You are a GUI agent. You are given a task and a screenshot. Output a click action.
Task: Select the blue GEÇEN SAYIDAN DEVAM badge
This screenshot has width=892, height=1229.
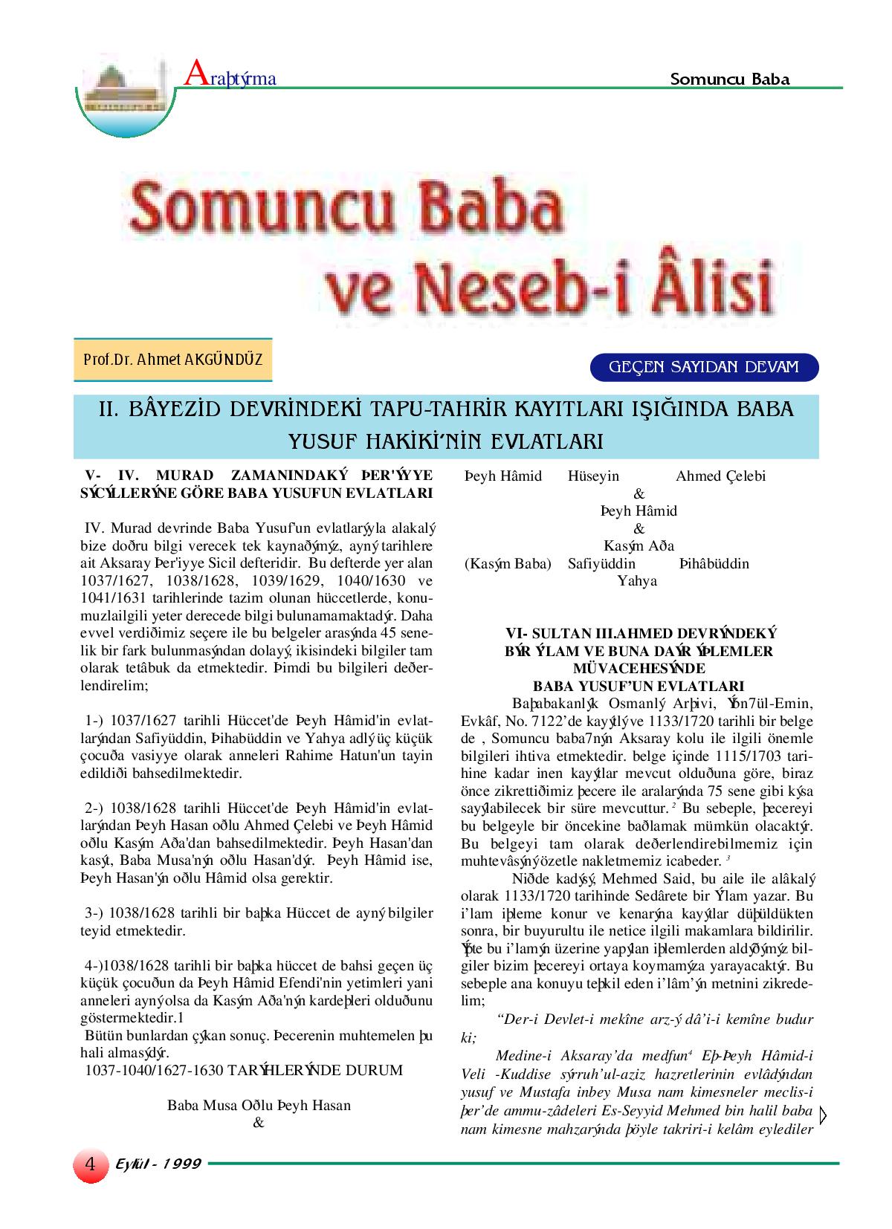[x=703, y=367]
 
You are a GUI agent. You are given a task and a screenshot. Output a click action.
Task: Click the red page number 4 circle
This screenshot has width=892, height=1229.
[x=89, y=1163]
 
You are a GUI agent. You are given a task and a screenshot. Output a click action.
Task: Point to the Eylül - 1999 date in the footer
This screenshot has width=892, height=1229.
[x=158, y=1164]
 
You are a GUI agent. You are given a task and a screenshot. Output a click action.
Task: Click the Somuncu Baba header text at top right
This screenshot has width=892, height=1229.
[x=729, y=79]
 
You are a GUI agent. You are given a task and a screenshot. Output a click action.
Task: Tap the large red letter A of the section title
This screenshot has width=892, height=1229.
[x=195, y=74]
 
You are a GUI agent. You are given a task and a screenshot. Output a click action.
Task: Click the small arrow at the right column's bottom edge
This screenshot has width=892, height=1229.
[x=823, y=1115]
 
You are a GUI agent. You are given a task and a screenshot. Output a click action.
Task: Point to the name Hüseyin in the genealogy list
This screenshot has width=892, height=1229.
[x=593, y=476]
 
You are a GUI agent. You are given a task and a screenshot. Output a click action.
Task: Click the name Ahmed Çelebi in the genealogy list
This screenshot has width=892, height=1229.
[x=720, y=476]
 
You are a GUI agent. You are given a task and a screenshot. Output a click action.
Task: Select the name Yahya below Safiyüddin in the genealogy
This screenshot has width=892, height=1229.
[x=637, y=581]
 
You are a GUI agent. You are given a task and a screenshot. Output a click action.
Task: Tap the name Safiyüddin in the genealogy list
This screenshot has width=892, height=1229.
[x=601, y=563]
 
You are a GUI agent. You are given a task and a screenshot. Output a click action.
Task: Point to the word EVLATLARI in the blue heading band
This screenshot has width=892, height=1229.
[x=543, y=441]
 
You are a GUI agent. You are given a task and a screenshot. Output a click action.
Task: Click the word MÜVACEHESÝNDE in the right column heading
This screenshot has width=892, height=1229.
[x=639, y=668]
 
